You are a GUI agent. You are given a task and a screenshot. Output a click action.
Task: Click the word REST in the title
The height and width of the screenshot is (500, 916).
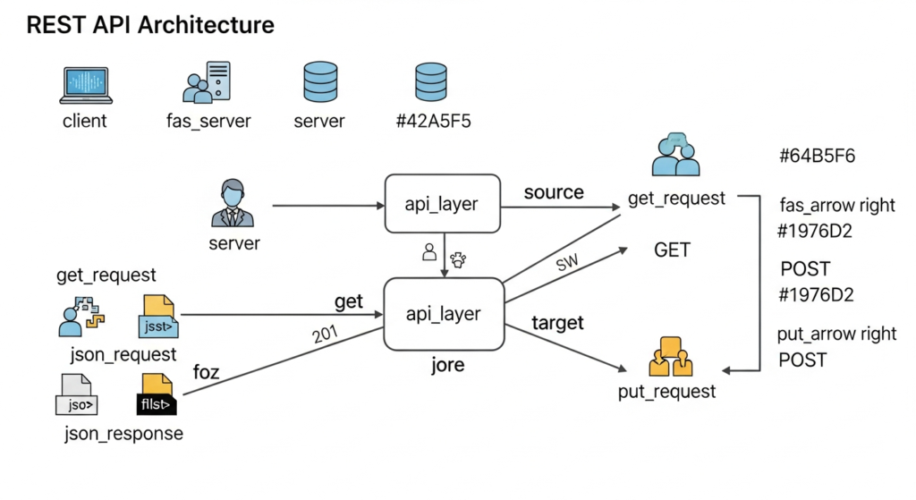(56, 24)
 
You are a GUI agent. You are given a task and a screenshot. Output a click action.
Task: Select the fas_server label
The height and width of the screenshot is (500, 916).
(208, 121)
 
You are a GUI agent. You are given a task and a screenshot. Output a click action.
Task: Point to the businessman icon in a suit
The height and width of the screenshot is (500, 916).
(233, 204)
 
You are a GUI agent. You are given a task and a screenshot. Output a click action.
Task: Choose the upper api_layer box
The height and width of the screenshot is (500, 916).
(442, 205)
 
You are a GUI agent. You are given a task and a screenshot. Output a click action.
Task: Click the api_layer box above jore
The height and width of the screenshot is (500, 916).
(442, 314)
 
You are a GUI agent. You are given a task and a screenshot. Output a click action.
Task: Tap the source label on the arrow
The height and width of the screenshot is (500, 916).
(554, 192)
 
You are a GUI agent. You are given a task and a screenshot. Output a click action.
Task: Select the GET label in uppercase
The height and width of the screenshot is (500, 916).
(672, 250)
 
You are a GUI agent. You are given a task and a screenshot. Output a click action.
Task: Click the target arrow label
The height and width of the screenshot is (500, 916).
(557, 322)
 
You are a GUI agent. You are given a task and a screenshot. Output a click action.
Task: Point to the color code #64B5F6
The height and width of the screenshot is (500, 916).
(817, 157)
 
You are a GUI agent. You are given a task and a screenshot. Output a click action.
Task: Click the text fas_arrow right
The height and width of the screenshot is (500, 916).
(837, 205)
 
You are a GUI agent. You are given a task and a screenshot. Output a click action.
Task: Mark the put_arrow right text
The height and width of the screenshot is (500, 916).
(837, 334)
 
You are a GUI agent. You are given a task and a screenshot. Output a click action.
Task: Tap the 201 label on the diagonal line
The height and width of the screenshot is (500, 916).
(327, 335)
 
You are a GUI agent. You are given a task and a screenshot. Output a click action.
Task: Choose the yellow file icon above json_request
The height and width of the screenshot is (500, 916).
(158, 316)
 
